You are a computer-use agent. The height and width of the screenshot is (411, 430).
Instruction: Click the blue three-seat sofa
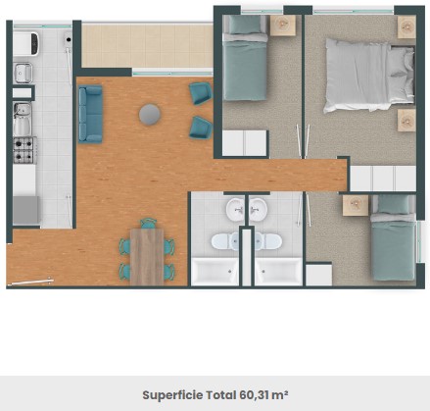[90, 114]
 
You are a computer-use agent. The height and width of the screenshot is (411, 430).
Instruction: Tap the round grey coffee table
[150, 115]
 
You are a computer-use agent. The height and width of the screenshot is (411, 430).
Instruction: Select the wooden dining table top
[147, 257]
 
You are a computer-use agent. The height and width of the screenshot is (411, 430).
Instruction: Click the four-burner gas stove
[24, 150]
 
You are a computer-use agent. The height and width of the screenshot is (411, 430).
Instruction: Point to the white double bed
[369, 76]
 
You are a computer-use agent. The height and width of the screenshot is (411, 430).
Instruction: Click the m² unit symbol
[279, 395]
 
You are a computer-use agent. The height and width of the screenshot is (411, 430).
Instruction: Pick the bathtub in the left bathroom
[215, 272]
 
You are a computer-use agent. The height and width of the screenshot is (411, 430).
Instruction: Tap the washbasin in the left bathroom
[235, 208]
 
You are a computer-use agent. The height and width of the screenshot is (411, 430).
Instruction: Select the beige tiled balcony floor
[147, 45]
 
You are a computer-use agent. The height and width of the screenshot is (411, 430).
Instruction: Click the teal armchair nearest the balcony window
[201, 93]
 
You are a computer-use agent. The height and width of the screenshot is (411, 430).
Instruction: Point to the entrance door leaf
[30, 282]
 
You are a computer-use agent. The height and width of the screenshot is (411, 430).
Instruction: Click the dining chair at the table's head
[148, 224]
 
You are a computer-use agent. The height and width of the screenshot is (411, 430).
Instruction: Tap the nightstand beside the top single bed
[283, 26]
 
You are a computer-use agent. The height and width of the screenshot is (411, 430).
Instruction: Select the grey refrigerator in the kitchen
[25, 210]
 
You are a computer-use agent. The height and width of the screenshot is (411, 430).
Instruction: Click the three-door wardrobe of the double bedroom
[383, 179]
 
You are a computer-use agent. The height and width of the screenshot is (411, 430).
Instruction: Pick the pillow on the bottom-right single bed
[394, 204]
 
